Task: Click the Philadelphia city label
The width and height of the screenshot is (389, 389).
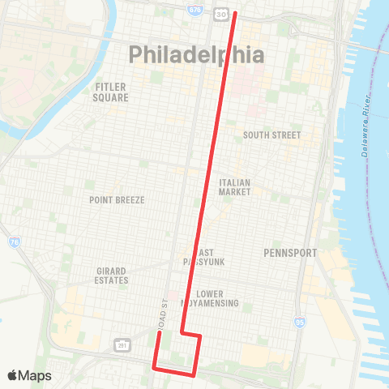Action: (x=197, y=55)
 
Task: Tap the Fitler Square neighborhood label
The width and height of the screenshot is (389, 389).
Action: (x=112, y=92)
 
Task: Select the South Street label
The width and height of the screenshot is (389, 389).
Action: (x=271, y=135)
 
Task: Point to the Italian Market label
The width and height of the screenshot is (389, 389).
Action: (x=234, y=187)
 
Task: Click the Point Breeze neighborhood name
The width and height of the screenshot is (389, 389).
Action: (x=117, y=199)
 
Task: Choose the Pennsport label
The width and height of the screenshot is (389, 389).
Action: (x=290, y=253)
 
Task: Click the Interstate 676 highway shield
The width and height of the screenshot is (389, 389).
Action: (x=194, y=10)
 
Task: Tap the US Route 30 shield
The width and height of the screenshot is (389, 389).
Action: (x=220, y=15)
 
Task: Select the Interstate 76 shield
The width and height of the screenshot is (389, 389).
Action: (x=15, y=242)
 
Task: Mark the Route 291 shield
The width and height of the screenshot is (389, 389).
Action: (x=122, y=345)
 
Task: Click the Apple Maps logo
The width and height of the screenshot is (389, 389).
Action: (x=29, y=375)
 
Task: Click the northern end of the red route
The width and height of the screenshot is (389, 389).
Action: (x=236, y=13)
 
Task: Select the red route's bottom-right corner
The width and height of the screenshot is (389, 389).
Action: (x=194, y=374)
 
